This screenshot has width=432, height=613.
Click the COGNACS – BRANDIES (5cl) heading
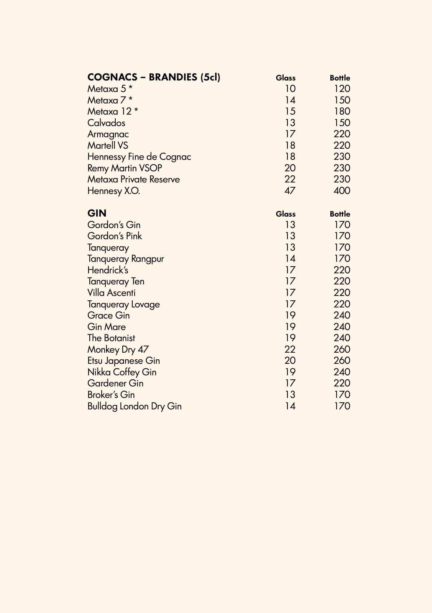click(154, 77)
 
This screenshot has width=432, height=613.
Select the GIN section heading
click(97, 213)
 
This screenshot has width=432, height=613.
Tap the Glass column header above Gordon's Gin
click(286, 214)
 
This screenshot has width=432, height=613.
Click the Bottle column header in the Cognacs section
click(340, 78)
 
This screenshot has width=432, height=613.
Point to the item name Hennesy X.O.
click(113, 191)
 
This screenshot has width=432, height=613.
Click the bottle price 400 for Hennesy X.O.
click(342, 191)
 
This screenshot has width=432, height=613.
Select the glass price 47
click(290, 191)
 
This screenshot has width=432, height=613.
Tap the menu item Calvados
click(106, 123)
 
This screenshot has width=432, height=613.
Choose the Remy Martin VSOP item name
click(125, 168)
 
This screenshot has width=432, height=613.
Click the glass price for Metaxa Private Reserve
click(290, 179)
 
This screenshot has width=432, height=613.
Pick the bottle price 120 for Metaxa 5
click(342, 89)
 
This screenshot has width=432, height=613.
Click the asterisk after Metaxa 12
click(136, 111)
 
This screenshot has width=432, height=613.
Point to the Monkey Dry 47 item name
click(118, 349)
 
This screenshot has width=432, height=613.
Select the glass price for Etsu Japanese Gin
click(290, 360)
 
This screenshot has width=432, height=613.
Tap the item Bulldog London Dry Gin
click(134, 406)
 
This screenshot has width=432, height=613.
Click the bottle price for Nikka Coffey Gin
click(342, 372)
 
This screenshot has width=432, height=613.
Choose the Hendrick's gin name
click(108, 270)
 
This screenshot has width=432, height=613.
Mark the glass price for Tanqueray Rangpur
click(290, 258)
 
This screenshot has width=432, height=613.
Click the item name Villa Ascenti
click(111, 293)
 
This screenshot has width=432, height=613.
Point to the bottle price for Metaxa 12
click(342, 111)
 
